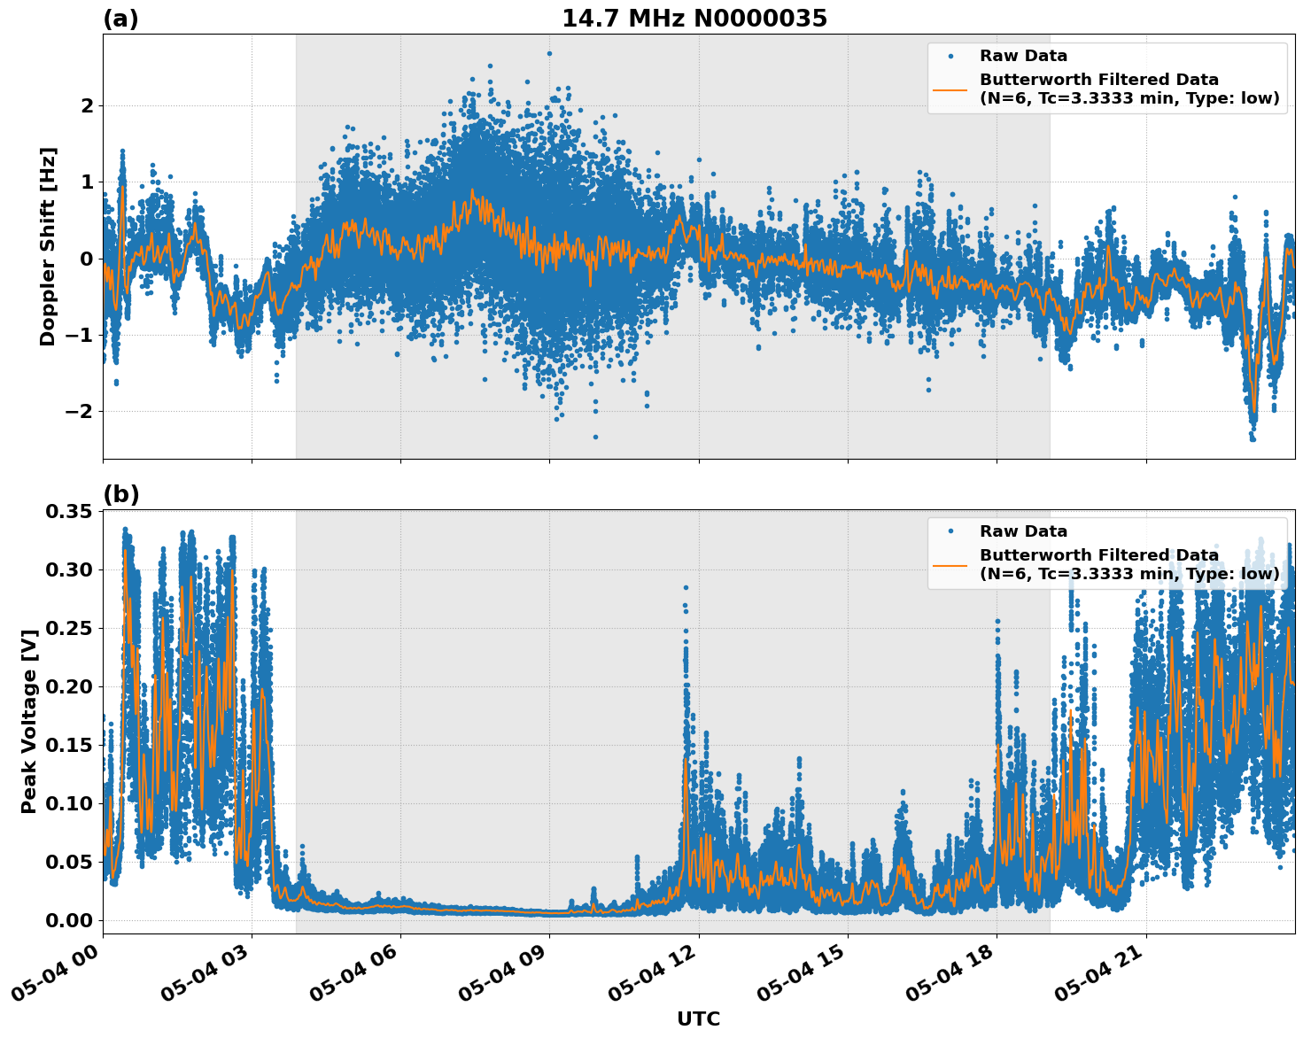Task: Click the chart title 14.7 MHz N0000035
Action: (x=694, y=19)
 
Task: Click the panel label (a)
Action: (x=120, y=19)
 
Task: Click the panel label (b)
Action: (x=120, y=494)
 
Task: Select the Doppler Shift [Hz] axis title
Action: (x=48, y=246)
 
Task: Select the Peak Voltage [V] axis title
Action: (x=29, y=721)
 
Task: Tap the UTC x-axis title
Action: (x=698, y=1019)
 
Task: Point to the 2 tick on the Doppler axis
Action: (x=87, y=106)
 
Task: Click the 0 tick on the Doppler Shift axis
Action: (x=87, y=259)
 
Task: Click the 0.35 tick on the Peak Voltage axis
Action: (x=68, y=511)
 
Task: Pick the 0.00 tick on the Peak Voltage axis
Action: (x=68, y=920)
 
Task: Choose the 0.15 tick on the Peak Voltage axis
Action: (x=68, y=745)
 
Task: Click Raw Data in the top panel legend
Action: (x=1023, y=56)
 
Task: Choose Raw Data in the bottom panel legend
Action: (x=1023, y=531)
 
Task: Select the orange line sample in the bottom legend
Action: (x=950, y=564)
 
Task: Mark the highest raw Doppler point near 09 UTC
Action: (x=549, y=53)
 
